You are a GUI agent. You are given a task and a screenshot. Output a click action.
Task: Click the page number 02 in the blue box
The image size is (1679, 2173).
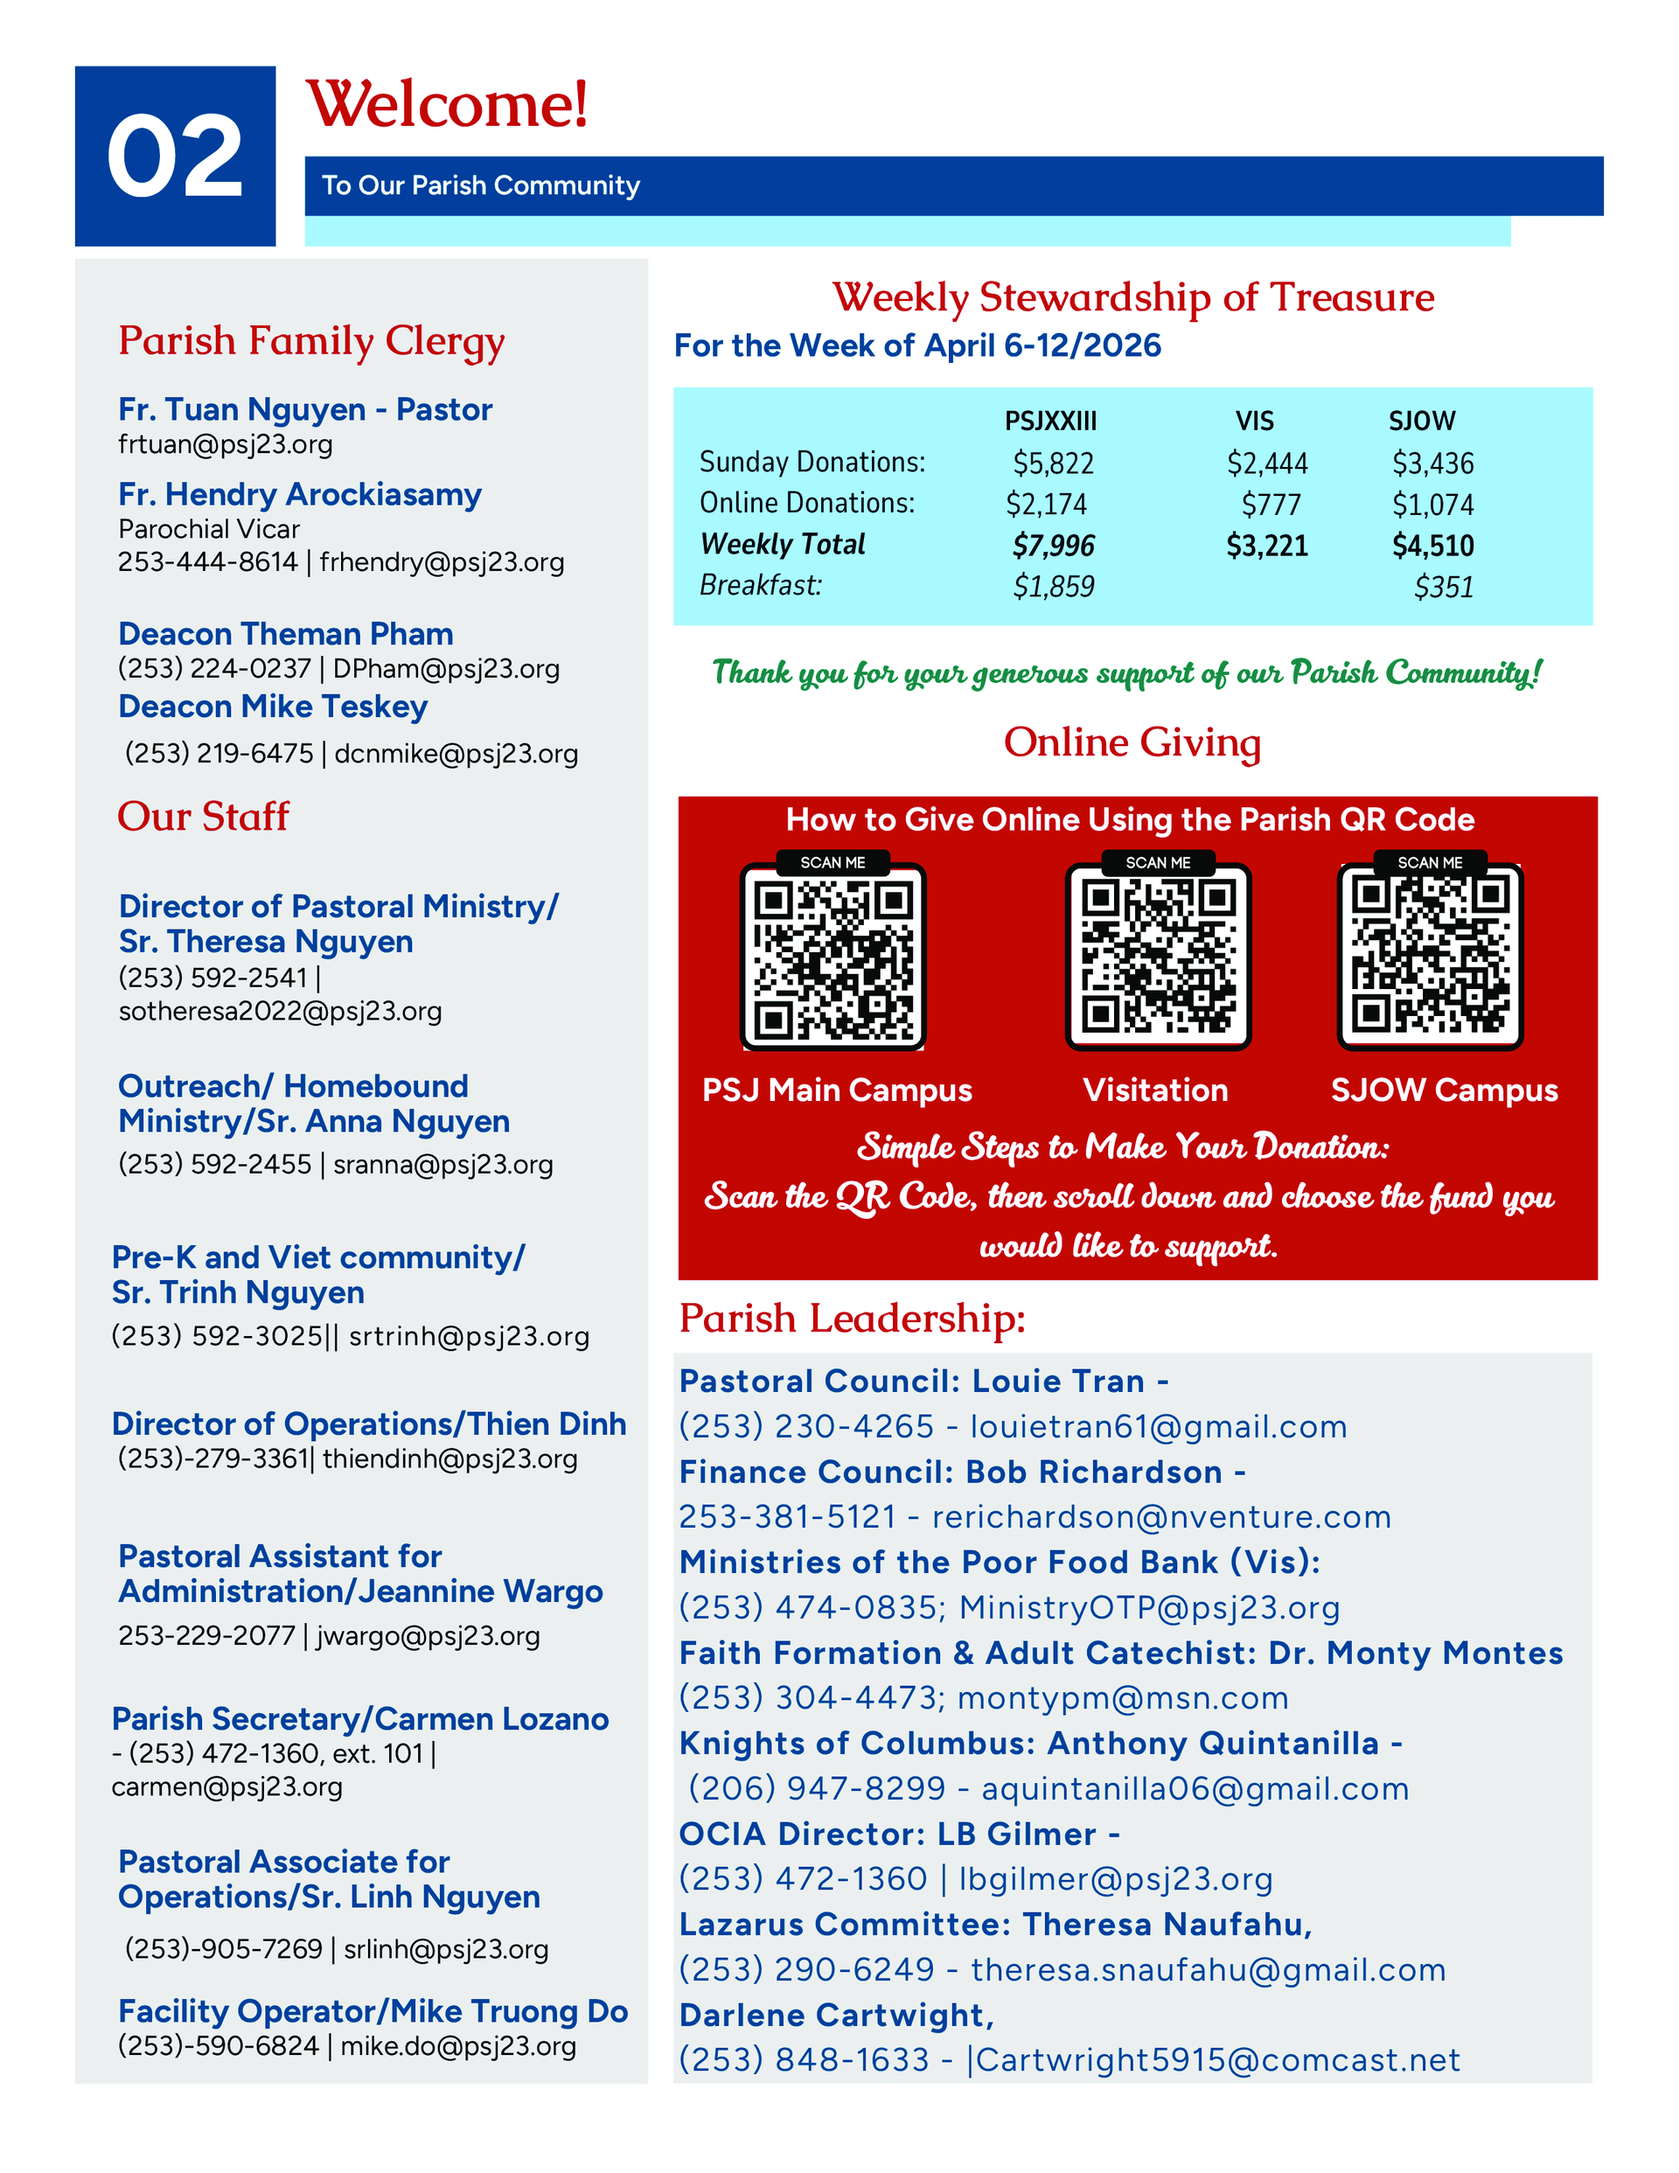(174, 157)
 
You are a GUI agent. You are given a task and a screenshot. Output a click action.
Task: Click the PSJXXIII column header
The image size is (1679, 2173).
(1050, 421)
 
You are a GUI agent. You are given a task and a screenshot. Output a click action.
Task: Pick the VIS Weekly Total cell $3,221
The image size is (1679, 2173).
(1266, 546)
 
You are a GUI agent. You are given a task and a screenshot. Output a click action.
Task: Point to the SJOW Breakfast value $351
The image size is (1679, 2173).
(1443, 587)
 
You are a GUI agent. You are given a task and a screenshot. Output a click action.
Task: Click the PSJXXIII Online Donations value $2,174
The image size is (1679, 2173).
(1046, 505)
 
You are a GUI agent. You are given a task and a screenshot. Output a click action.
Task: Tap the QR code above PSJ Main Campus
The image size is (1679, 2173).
(833, 956)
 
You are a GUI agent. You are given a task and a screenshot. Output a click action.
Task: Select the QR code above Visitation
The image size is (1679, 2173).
(1158, 956)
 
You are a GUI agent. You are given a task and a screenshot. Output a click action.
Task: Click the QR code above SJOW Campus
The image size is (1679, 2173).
(1429, 956)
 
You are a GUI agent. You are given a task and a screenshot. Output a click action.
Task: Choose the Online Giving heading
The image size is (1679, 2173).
(1132, 742)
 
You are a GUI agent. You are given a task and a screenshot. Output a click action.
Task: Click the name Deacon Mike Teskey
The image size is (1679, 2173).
(273, 707)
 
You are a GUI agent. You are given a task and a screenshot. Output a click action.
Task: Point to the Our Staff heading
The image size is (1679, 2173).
(203, 817)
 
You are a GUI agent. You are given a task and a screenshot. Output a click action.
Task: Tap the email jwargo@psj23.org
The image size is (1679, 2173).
(428, 1636)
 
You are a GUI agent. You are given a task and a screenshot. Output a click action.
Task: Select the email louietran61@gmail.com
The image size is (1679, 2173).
(1159, 1427)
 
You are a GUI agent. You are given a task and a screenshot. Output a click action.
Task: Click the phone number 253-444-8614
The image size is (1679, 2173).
(208, 562)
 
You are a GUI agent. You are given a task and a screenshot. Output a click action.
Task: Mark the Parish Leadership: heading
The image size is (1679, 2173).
(852, 1319)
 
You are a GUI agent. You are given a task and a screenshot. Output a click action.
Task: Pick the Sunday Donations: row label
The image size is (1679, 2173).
(812, 462)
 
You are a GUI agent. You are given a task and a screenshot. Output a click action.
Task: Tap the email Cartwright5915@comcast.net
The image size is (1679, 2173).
(1218, 2059)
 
